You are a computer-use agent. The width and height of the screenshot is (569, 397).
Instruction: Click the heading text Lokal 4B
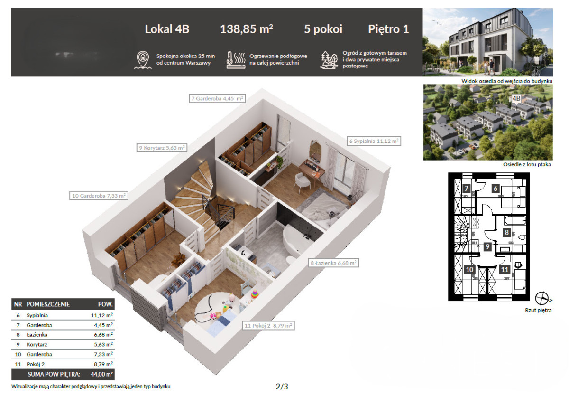(167, 29)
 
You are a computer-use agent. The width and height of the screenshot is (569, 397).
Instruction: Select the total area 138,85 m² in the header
(247, 29)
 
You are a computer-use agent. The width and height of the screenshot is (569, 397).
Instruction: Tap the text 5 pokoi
(323, 29)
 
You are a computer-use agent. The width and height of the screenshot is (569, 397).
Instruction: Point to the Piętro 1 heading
(388, 29)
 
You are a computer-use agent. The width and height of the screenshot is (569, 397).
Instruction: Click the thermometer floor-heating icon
(236, 60)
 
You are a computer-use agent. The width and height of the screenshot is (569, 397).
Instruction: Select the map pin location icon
(143, 60)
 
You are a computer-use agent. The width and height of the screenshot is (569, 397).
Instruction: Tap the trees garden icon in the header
(329, 60)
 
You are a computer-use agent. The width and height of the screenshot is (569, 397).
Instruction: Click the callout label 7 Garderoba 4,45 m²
(217, 98)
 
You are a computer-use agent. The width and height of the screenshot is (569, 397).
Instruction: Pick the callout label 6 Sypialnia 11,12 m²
(374, 141)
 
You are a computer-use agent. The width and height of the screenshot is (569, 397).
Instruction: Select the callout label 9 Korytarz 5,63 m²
(162, 148)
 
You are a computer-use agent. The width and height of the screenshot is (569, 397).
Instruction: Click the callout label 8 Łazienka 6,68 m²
(333, 263)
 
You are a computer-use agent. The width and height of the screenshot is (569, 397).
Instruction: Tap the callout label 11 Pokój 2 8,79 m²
(268, 326)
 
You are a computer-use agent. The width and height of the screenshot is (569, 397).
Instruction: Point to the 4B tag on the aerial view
(516, 98)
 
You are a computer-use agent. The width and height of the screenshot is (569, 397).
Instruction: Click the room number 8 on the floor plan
(507, 232)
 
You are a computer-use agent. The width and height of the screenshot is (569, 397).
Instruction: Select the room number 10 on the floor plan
(469, 270)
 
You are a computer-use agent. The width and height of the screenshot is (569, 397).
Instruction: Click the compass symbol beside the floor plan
(542, 298)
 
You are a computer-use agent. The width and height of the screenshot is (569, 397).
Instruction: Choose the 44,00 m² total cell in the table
(101, 374)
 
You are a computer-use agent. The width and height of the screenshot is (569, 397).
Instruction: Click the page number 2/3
(282, 387)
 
